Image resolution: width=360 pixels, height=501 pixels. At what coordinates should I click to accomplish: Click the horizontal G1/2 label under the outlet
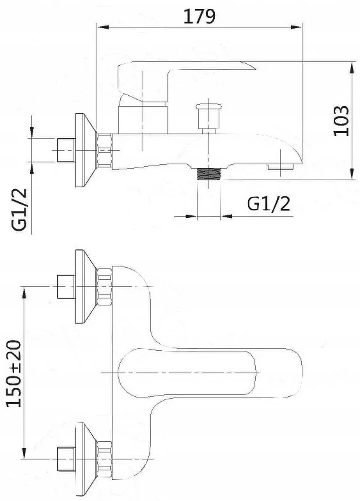pyautogui.click(x=268, y=204)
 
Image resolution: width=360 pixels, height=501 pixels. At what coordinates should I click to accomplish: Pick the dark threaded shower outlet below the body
pyautogui.click(x=208, y=174)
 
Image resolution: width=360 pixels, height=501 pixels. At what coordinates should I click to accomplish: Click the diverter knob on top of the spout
pyautogui.click(x=207, y=115)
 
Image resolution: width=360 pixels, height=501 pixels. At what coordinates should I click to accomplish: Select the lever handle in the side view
pyautogui.click(x=185, y=75)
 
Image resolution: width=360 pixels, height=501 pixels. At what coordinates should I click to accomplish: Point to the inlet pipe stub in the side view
pyautogui.click(x=65, y=150)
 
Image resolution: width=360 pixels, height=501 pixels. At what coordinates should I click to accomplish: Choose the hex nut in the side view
pyautogui.click(x=105, y=151)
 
